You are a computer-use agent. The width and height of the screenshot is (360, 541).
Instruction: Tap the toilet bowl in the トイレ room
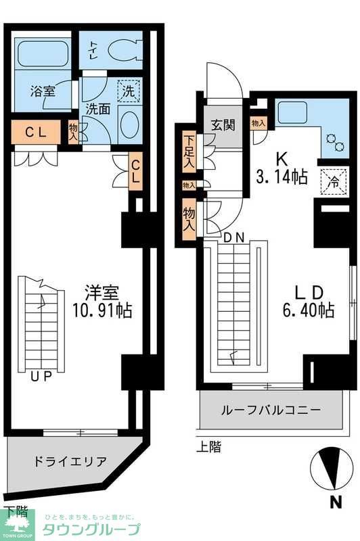125,49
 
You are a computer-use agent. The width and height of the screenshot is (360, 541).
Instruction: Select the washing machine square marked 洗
128,89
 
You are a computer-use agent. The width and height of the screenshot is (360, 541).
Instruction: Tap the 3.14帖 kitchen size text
282,178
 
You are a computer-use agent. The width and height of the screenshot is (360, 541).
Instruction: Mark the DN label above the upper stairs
233,237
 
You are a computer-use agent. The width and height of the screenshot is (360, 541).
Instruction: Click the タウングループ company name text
92,529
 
